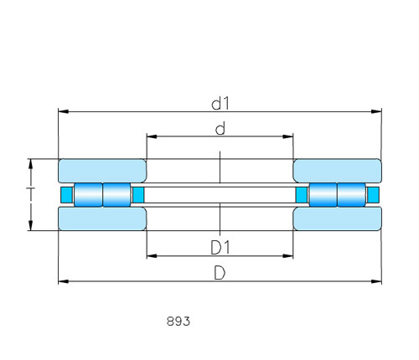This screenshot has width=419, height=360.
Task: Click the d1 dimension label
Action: tap(220, 104)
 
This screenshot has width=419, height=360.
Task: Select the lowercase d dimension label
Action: tap(220, 129)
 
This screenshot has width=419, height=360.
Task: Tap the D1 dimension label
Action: tap(220, 248)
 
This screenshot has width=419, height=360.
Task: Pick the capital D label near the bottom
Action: tap(220, 273)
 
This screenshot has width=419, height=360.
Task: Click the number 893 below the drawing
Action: tap(178, 321)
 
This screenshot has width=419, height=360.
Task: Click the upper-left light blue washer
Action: tap(102, 171)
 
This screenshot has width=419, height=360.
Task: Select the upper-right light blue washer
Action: tap(337, 171)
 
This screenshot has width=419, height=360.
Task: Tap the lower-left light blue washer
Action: tap(102, 219)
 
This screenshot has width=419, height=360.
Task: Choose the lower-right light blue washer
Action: tap(337, 219)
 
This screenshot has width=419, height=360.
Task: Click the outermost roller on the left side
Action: tap(88, 195)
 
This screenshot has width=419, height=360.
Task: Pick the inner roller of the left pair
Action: tap(116, 195)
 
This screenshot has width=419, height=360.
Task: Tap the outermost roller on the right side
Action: tap(351, 195)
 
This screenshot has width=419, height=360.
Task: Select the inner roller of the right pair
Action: tap(323, 195)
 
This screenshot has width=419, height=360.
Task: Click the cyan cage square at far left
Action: tap(67, 195)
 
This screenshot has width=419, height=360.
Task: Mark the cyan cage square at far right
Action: tap(373, 195)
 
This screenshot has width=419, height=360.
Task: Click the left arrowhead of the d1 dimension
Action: tap(63, 111)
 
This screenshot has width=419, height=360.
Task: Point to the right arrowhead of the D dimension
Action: tap(376, 281)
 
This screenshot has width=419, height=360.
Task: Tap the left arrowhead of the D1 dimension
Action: tap(152, 256)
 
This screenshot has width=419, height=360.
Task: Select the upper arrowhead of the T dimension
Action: tap(31, 164)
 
